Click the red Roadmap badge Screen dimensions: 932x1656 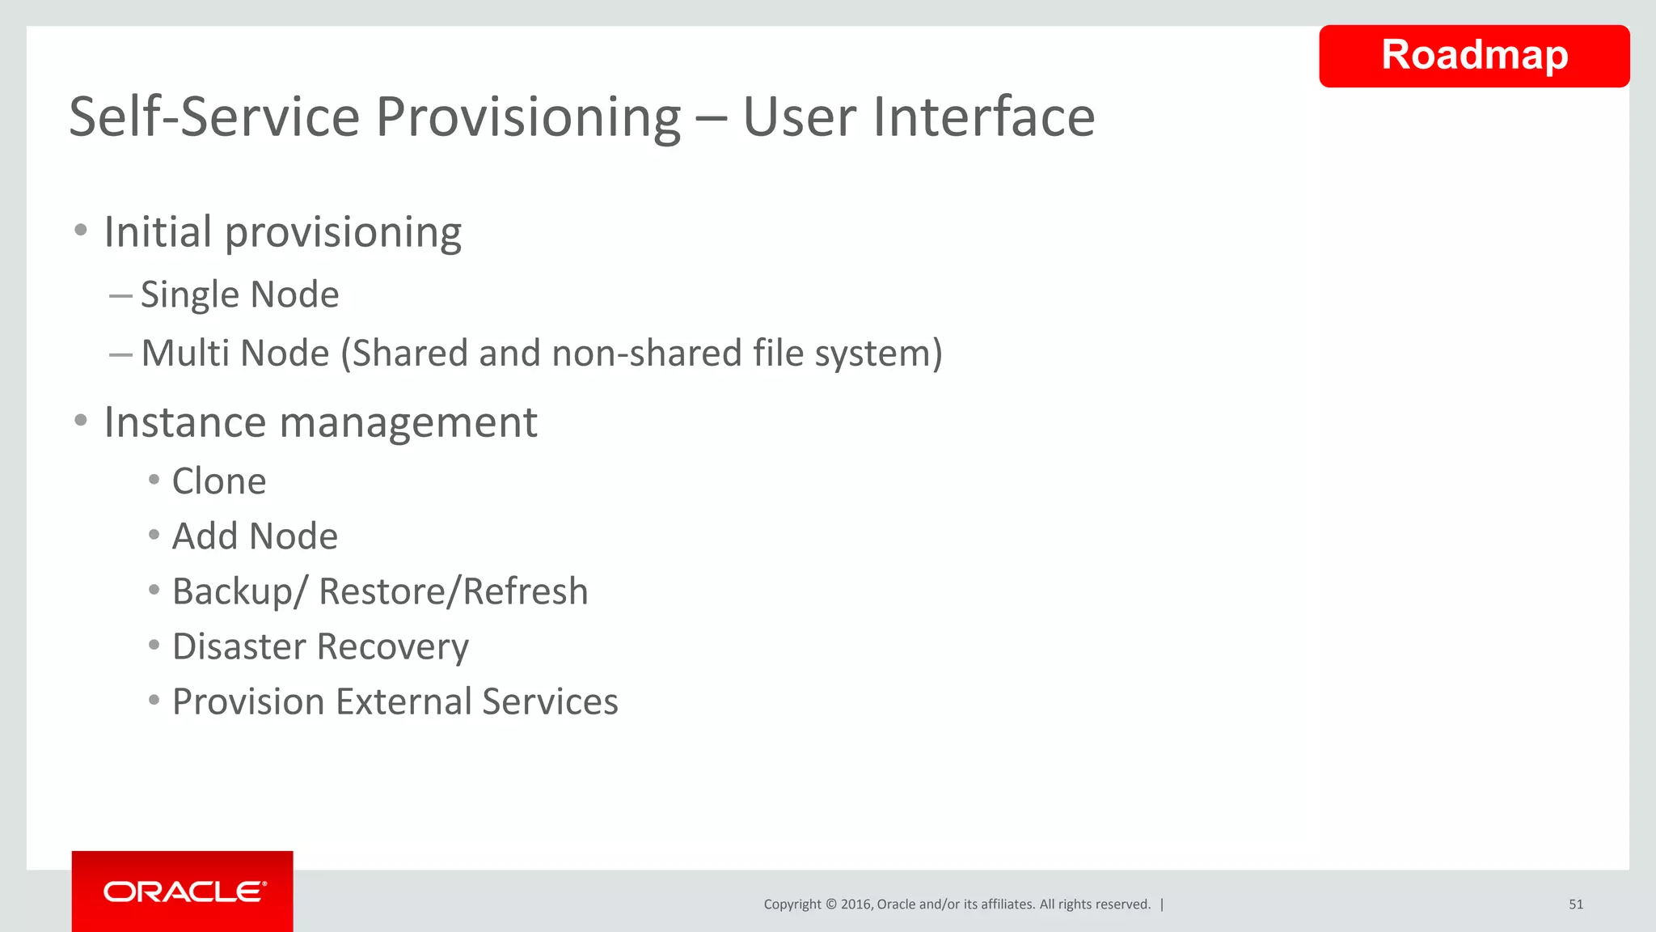(1474, 56)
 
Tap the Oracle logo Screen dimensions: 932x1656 (184, 892)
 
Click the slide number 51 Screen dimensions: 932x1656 (1576, 904)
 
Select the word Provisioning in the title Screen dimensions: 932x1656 (529, 118)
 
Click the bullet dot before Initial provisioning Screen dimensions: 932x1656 (80, 231)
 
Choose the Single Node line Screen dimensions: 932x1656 (239, 294)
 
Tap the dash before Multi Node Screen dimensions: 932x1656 (120, 354)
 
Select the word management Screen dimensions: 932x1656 (408, 422)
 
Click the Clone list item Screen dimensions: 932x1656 (219, 481)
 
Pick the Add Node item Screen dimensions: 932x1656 (255, 536)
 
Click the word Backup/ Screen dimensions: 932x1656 (240, 592)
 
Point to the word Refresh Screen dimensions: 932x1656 (526, 591)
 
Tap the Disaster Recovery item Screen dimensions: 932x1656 (320, 647)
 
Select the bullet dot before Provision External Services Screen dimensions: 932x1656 (154, 701)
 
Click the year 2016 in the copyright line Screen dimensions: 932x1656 (855, 904)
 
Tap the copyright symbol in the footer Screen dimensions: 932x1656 (830, 904)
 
